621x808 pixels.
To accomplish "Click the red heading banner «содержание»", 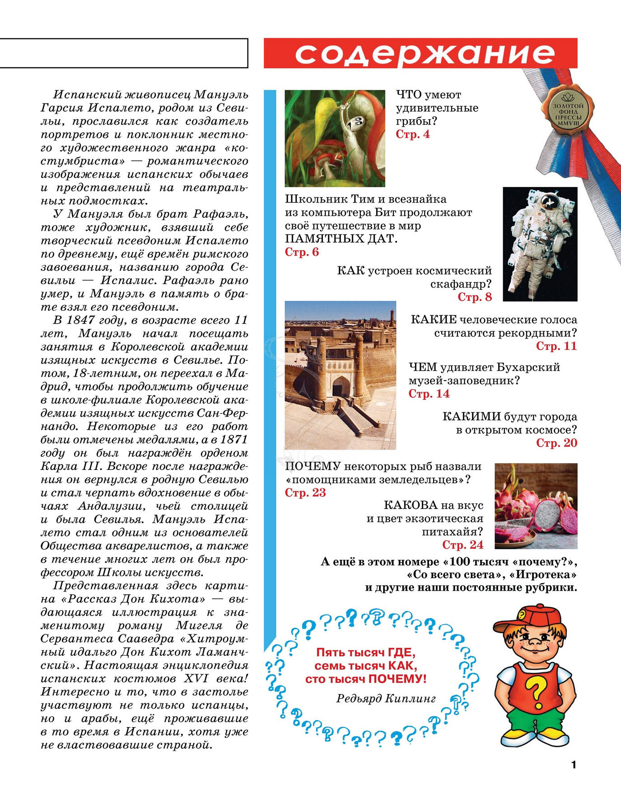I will point(420,53).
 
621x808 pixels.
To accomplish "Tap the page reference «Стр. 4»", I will point(413,134).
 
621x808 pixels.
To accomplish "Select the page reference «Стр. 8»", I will point(475,297).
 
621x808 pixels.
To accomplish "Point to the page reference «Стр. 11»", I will point(556,346).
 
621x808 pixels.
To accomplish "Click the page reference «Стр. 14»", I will point(429,394).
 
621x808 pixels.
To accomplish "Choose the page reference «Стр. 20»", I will point(556,443).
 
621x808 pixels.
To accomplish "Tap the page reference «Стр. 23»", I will point(305,493).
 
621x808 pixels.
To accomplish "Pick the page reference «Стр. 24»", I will point(462,545).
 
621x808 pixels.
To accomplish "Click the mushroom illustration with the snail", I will point(335,138).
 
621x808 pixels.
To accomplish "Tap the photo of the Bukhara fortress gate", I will point(340,375).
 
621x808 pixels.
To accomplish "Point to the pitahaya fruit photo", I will point(536,506).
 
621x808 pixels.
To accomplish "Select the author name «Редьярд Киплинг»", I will point(386,699).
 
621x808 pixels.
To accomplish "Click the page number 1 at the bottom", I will point(574,765).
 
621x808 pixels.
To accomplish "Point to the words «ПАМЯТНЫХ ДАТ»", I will point(341,239).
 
